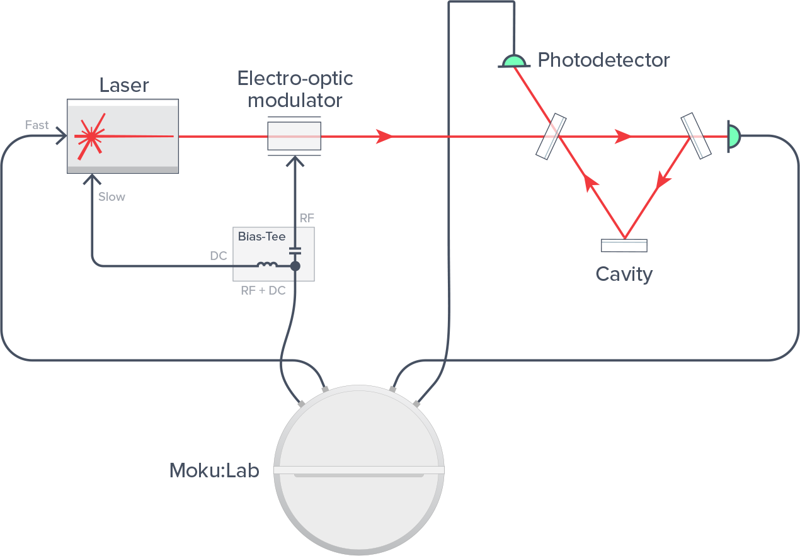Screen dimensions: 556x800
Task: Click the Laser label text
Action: pyautogui.click(x=124, y=85)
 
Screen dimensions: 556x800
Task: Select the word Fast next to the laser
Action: pyautogui.click(x=37, y=125)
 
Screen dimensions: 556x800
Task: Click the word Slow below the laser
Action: pyautogui.click(x=111, y=196)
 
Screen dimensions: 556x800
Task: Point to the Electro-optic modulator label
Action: pyautogui.click(x=295, y=89)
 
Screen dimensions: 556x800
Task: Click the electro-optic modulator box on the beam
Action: pyautogui.click(x=294, y=135)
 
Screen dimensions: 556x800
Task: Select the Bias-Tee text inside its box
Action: pyautogui.click(x=261, y=237)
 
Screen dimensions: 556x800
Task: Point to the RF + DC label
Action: pyautogui.click(x=263, y=291)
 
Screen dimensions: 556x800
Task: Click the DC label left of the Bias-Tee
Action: pyautogui.click(x=218, y=257)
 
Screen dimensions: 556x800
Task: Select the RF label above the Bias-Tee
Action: pyautogui.click(x=307, y=218)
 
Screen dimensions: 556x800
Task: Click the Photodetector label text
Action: pyautogui.click(x=603, y=60)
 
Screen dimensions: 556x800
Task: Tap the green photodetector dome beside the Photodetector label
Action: pyautogui.click(x=513, y=61)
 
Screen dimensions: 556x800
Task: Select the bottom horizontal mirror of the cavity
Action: pyautogui.click(x=624, y=245)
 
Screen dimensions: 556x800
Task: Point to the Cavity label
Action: pyautogui.click(x=624, y=274)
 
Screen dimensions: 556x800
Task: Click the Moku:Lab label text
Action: pyautogui.click(x=214, y=470)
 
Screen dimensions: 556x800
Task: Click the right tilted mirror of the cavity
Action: pyautogui.click(x=695, y=135)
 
